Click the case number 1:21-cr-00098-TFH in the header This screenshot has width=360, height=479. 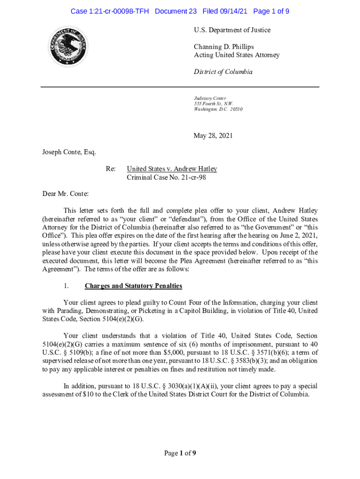(x=109, y=11)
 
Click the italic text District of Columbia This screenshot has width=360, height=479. (x=223, y=72)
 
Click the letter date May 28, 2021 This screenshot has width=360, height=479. (x=213, y=136)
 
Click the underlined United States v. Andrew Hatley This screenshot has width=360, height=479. (x=172, y=169)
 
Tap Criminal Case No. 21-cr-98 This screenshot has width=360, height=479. (x=166, y=178)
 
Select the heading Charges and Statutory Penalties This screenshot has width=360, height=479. (x=133, y=286)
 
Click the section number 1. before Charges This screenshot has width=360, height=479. (x=67, y=286)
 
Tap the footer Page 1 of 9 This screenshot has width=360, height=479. (x=180, y=453)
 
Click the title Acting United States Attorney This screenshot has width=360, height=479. (x=237, y=55)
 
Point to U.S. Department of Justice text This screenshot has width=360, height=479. (x=232, y=30)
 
